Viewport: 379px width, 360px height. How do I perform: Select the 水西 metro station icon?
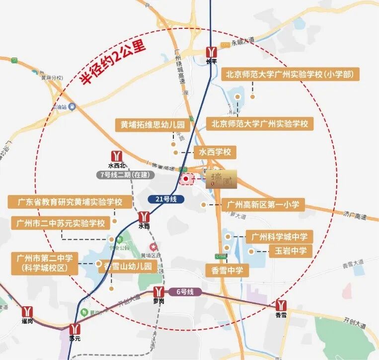[144, 217]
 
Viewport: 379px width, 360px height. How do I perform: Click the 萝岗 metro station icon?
[159, 292]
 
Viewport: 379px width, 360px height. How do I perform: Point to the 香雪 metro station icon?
[281, 305]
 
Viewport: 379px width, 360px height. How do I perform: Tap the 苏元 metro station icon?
[75, 329]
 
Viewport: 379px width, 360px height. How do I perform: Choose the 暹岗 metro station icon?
[27, 311]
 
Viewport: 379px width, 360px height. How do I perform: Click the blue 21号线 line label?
[166, 199]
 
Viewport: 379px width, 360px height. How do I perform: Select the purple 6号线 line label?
[184, 292]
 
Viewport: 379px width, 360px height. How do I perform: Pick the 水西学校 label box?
[215, 152]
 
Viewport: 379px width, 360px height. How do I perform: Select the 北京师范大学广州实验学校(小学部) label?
[290, 75]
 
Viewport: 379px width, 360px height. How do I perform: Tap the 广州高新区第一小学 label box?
[263, 204]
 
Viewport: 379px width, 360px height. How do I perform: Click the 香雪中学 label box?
[226, 270]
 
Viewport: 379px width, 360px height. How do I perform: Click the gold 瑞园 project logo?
[221, 179]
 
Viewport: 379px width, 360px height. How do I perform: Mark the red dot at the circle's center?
[186, 178]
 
